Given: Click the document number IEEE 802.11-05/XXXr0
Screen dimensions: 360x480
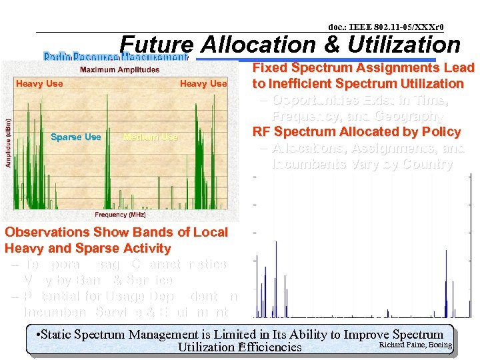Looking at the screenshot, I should coord(386,27).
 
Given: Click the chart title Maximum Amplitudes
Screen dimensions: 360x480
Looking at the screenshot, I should coord(119,69).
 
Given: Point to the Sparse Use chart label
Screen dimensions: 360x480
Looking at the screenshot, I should coord(76,137).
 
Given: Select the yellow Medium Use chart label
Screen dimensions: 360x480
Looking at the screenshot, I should coord(151,137).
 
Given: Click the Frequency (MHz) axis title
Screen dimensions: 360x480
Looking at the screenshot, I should coord(120,215).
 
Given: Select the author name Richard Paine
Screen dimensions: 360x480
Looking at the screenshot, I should coord(398,345).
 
